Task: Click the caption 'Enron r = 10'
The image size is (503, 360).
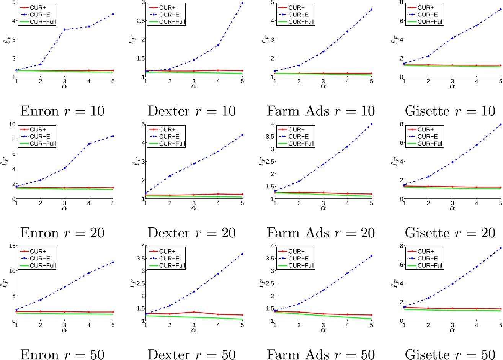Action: (x=62, y=111)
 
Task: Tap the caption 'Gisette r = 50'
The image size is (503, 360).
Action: (x=450, y=355)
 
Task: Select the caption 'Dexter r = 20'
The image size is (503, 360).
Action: (x=191, y=233)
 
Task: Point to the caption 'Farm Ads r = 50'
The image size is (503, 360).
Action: (x=321, y=355)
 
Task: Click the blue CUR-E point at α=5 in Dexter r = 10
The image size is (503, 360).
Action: (x=242, y=3)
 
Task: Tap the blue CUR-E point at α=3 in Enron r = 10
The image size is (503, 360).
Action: (x=64, y=29)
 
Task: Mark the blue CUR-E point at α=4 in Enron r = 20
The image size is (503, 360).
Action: (x=89, y=144)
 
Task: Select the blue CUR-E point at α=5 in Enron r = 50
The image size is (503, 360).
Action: (x=113, y=262)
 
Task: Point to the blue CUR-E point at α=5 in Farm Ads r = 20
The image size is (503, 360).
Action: (x=371, y=124)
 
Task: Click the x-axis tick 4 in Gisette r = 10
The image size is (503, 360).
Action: (x=477, y=81)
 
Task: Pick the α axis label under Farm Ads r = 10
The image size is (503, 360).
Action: (x=323, y=87)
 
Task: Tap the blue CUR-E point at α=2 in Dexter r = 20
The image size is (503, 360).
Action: (x=170, y=176)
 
